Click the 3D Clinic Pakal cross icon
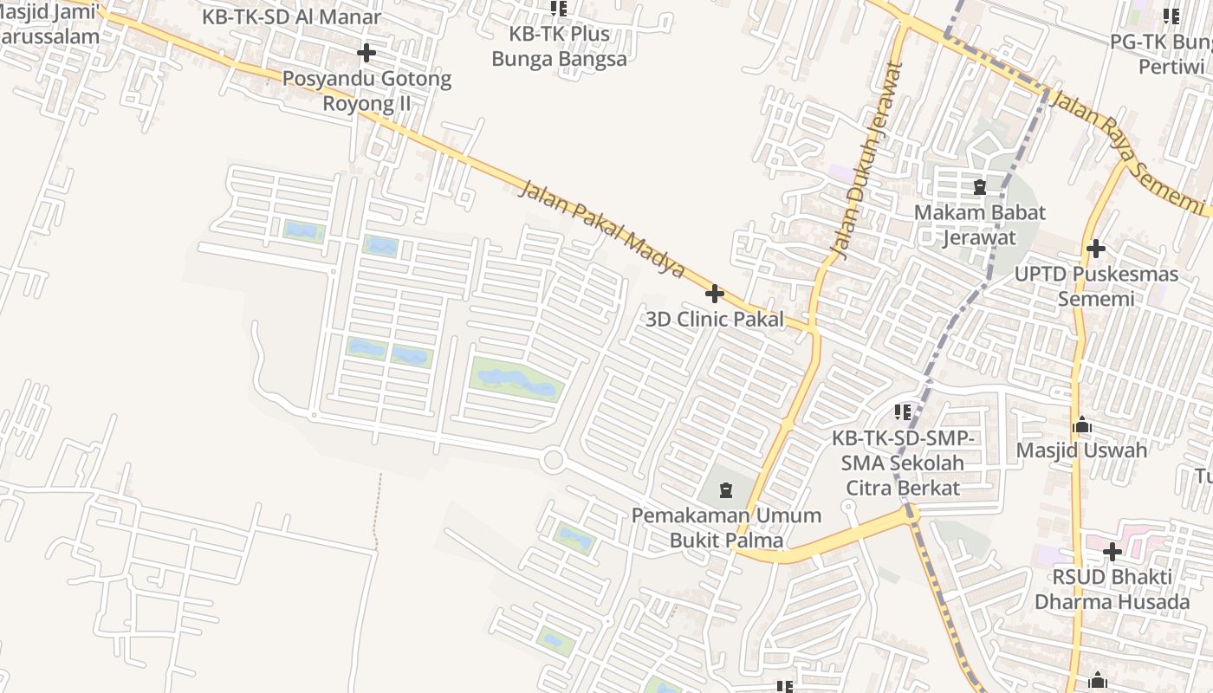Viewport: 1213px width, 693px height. click(x=715, y=294)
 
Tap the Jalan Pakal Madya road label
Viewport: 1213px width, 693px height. click(x=602, y=229)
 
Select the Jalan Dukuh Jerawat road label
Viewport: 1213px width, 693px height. click(x=866, y=161)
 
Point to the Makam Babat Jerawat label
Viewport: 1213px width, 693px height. click(x=980, y=224)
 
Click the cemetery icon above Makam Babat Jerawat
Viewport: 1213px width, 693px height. click(x=980, y=187)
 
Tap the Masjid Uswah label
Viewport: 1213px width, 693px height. click(x=1081, y=450)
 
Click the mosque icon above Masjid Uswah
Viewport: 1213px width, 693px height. click(x=1081, y=425)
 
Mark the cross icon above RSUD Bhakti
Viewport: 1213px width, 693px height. click(x=1112, y=551)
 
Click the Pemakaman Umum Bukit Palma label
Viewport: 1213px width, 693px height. click(x=726, y=528)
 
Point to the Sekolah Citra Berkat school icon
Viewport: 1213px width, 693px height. click(x=903, y=411)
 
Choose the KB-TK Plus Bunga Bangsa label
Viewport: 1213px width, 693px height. click(x=559, y=47)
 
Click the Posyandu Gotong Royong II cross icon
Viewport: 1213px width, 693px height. click(x=366, y=54)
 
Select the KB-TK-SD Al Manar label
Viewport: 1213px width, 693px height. click(x=291, y=16)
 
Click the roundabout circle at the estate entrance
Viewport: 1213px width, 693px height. click(x=553, y=460)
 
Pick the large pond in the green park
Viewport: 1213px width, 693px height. click(x=516, y=381)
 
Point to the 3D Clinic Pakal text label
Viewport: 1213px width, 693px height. click(x=715, y=319)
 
